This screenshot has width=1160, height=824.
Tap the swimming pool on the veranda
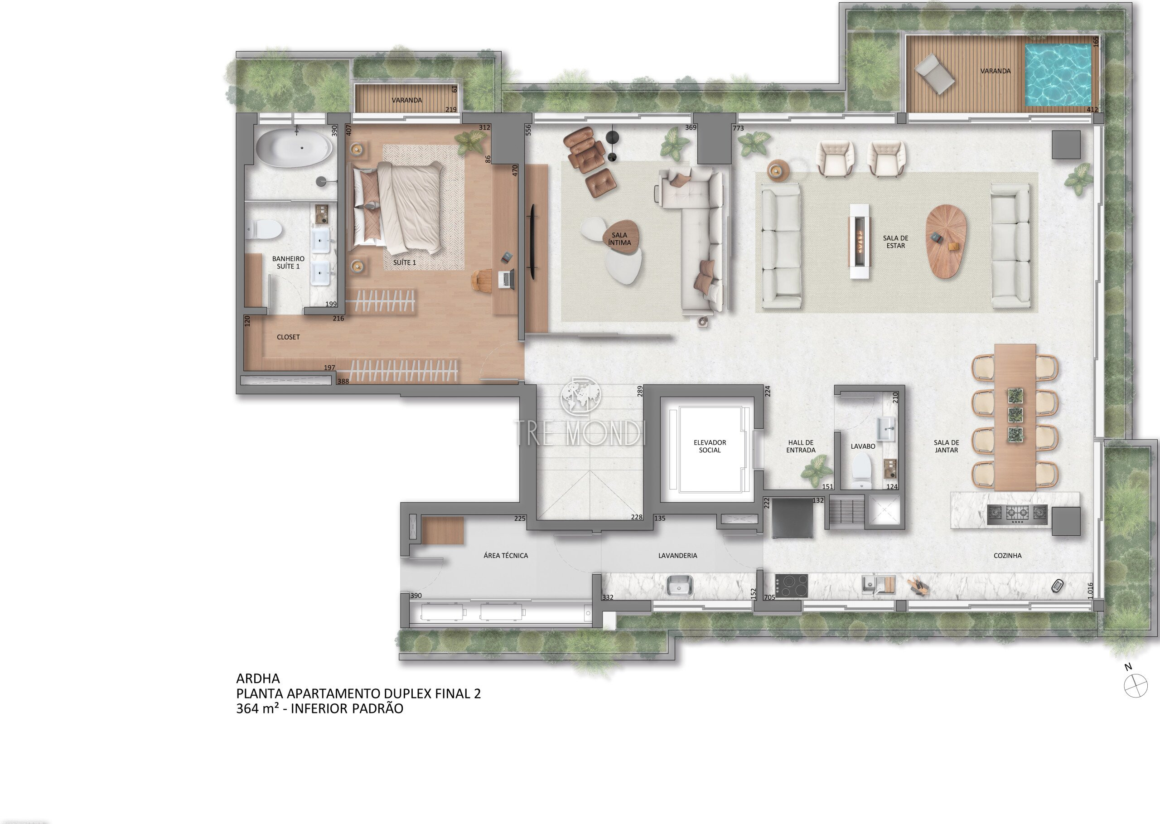tap(1058, 76)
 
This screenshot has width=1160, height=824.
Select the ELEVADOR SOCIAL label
tap(710, 446)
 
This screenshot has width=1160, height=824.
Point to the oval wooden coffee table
tap(945, 242)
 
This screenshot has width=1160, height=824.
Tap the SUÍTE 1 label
tap(404, 262)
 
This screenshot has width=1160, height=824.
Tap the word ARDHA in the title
tap(258, 678)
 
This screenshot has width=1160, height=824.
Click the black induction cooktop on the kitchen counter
tap(792, 586)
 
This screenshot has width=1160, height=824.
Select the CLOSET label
tap(288, 337)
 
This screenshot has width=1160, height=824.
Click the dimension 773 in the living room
tap(738, 128)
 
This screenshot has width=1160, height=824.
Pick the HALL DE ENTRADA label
tap(801, 446)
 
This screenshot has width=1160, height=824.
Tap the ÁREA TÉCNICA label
tap(506, 556)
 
